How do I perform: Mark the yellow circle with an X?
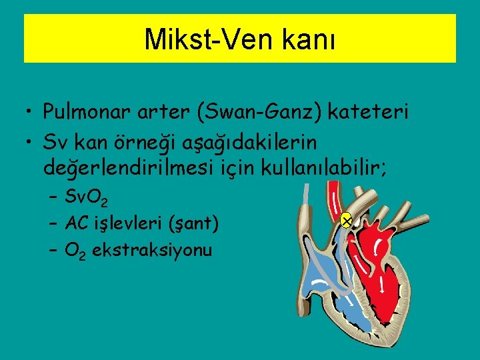pyautogui.click(x=345, y=219)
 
